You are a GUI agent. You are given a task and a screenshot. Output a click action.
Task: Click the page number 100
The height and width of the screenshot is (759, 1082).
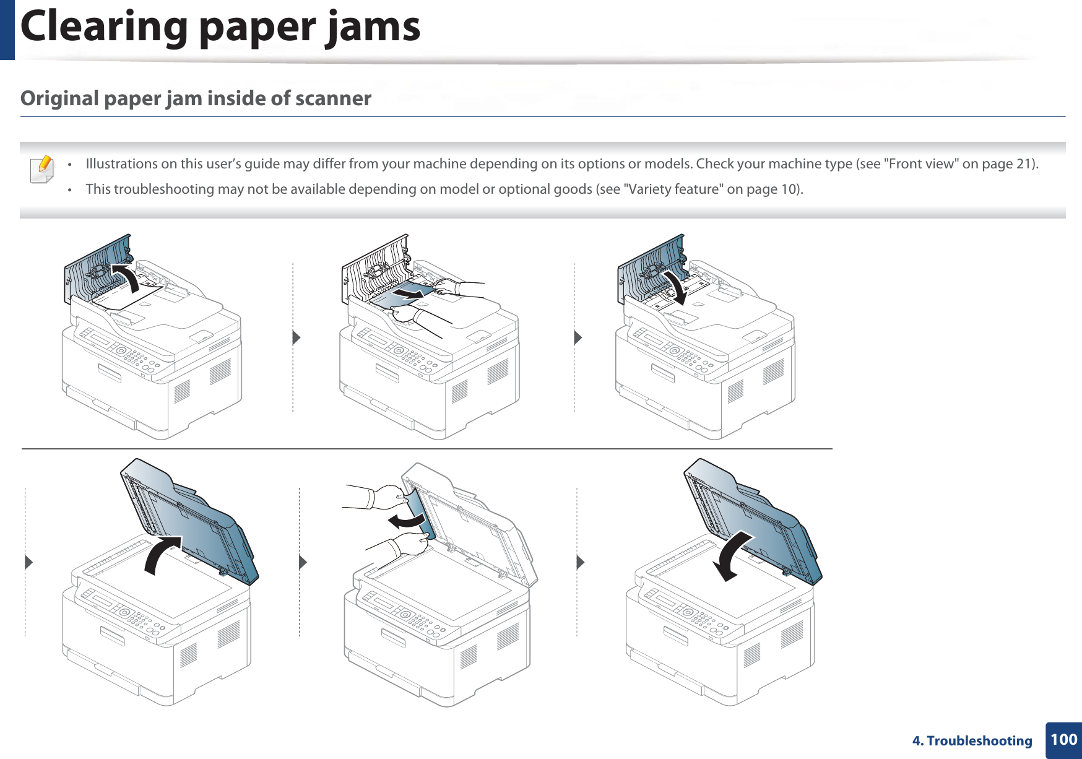click(1063, 739)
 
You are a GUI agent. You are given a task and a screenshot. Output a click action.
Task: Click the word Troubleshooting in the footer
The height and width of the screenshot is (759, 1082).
click(979, 741)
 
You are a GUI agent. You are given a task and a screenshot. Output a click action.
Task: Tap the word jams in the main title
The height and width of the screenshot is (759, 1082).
click(373, 27)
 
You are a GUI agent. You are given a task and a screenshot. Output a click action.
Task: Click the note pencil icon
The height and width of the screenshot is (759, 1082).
click(42, 169)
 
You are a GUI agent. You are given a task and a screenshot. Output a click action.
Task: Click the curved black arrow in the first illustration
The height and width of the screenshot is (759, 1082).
click(126, 276)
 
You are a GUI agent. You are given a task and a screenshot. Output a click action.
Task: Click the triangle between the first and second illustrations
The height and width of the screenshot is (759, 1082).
click(296, 337)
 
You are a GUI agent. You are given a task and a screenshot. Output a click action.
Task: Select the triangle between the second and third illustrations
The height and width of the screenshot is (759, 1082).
click(578, 337)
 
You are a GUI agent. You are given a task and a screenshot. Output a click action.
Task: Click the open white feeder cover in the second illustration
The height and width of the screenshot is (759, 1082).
click(371, 269)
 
